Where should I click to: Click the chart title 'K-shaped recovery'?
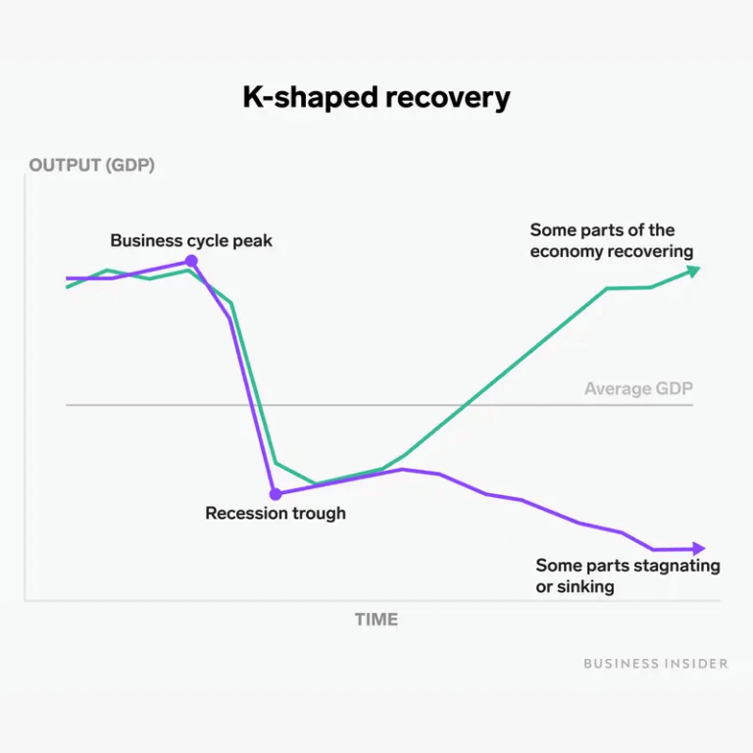point(376,99)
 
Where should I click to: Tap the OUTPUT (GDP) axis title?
point(91,165)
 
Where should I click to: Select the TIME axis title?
point(376,619)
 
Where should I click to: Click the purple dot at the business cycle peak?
point(191,261)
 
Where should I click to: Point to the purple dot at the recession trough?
point(276,494)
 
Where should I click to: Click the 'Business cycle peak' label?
point(191,240)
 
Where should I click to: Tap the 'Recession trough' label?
point(276,513)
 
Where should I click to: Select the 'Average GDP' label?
point(638,389)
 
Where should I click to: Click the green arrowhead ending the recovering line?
point(693,271)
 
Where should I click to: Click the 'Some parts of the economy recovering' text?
point(611,241)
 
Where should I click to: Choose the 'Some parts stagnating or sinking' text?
point(627,576)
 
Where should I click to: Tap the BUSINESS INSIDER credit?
point(656,664)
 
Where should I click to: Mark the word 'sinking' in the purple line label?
point(585,587)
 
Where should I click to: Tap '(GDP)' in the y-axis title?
point(131,165)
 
